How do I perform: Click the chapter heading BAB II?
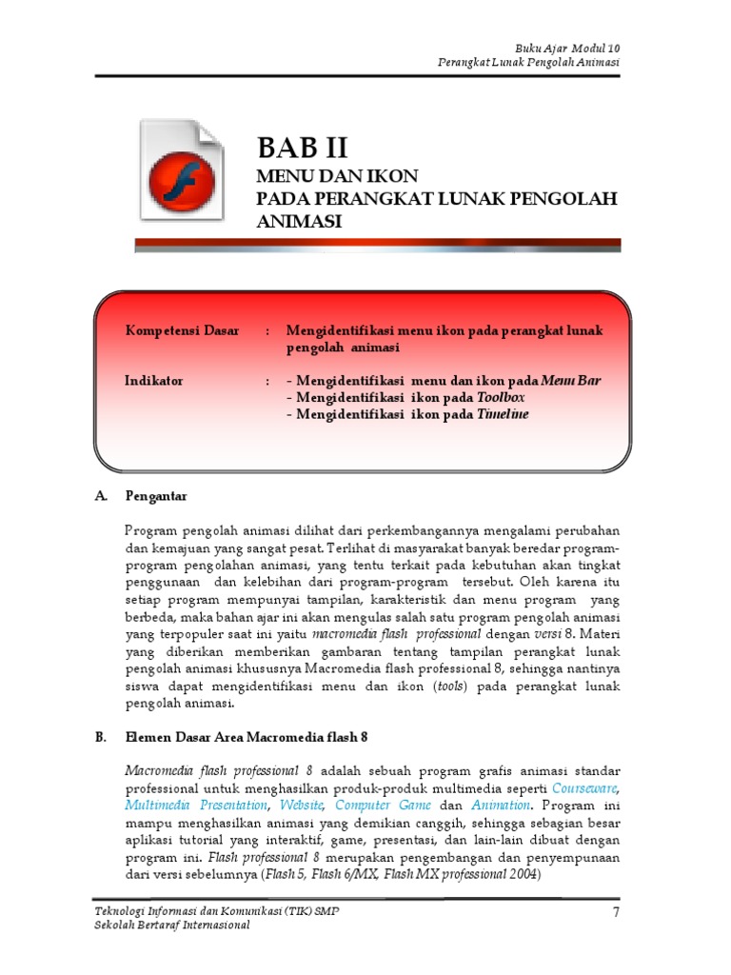tap(303, 148)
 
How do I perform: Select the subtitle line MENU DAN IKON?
tap(338, 177)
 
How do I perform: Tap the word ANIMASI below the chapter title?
tap(299, 221)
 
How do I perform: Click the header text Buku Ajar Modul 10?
tap(569, 48)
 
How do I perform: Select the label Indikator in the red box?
tap(154, 381)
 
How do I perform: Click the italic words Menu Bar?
tap(571, 381)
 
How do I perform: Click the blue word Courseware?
tap(586, 788)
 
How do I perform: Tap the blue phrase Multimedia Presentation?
tap(196, 806)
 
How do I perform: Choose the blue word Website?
tap(300, 806)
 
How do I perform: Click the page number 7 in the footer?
tap(617, 913)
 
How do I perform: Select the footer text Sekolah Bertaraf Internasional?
tap(172, 926)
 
